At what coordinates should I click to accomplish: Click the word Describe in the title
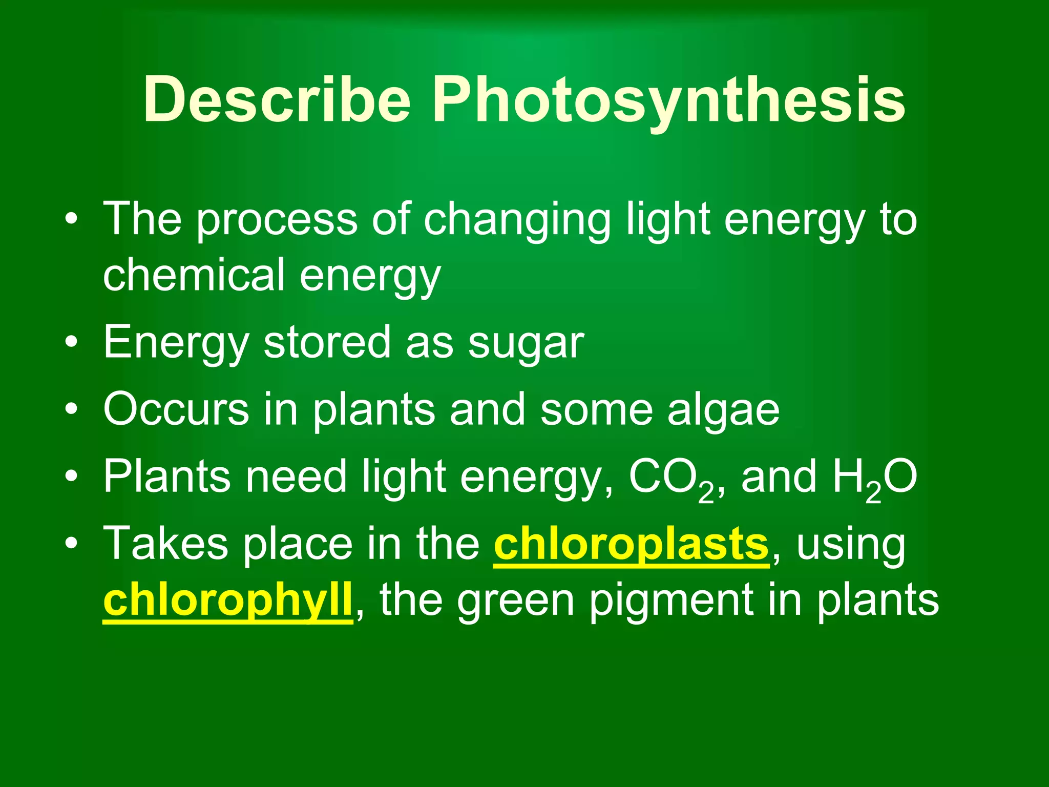click(x=277, y=99)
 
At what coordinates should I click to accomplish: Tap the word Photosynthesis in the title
click(x=668, y=99)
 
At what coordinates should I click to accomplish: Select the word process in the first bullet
click(x=277, y=220)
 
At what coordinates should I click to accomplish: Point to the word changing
click(x=517, y=220)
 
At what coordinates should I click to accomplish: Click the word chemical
click(x=194, y=275)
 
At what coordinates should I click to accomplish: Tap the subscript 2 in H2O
click(x=874, y=494)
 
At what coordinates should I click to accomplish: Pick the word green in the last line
click(x=515, y=602)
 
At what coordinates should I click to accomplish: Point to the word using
click(x=851, y=545)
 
